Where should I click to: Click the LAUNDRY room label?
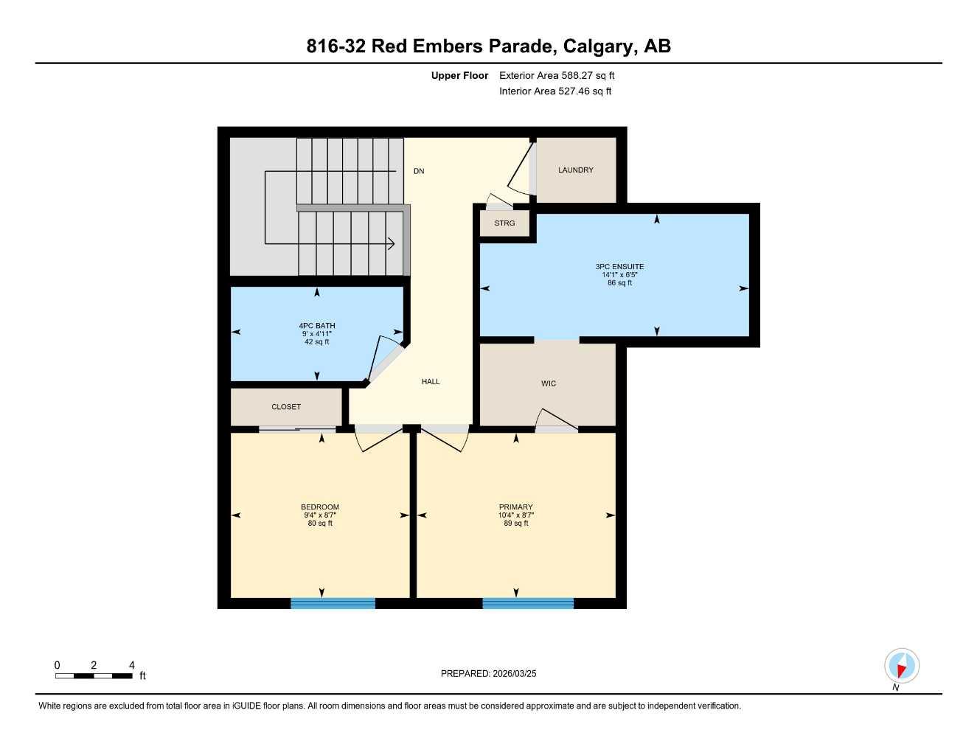coord(575,170)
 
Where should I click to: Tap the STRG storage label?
coord(504,223)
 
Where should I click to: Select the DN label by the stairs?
coord(419,171)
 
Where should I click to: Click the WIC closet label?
coord(548,383)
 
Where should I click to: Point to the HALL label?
coord(431,382)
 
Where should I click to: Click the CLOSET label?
coord(286,407)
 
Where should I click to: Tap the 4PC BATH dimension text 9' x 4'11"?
coord(316,334)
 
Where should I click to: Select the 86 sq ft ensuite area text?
coord(619,283)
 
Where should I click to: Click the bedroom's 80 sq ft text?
coord(320,523)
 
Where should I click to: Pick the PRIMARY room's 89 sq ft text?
coord(515,523)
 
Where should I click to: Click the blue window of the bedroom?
coord(333,603)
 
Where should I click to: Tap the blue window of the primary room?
coord(528,603)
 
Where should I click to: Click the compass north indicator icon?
coord(901,667)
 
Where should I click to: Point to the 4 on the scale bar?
coord(132,665)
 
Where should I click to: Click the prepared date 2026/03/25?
coord(515,673)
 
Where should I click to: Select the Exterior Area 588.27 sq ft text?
coord(557,75)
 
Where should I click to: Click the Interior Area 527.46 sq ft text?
coord(555,91)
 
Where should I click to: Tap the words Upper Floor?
coord(459,75)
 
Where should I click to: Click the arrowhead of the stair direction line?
coord(392,243)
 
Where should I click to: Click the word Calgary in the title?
coord(597,46)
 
